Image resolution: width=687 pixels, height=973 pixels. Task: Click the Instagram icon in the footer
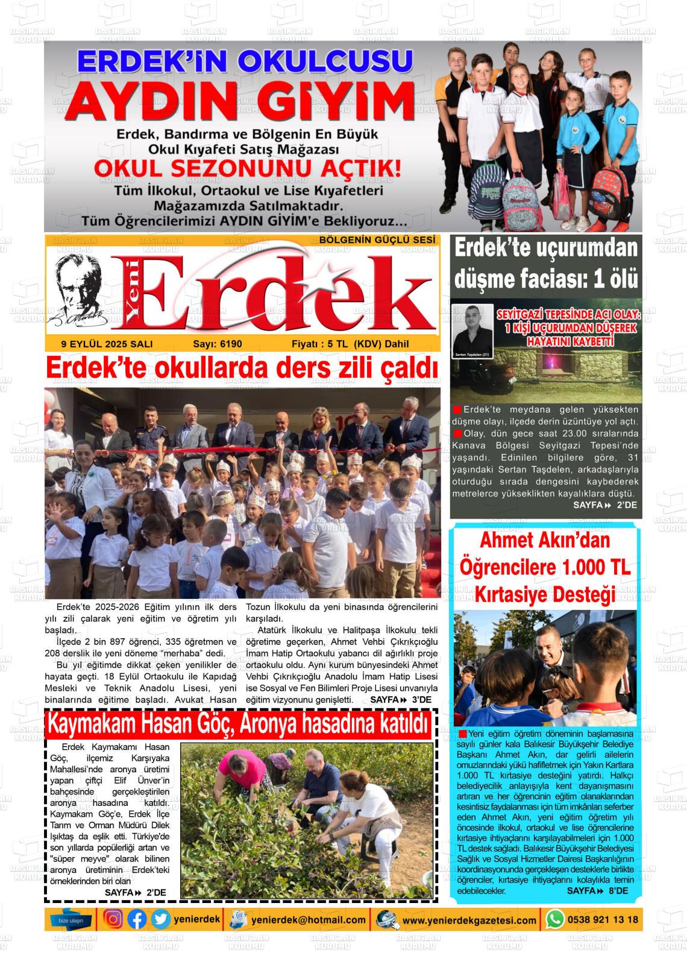[113, 919]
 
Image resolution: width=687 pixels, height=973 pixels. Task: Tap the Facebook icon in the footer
[137, 919]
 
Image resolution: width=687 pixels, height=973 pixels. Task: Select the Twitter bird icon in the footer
[160, 919]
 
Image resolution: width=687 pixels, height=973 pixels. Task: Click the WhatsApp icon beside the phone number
[554, 919]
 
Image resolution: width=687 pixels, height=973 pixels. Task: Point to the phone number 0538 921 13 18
[602, 919]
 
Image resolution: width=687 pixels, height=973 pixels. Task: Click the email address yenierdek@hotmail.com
[309, 920]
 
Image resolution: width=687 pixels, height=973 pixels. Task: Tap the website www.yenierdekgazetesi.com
[469, 921]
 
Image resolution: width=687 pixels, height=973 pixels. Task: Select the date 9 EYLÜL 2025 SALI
[107, 344]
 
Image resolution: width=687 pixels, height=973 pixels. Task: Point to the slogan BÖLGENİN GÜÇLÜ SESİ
[377, 240]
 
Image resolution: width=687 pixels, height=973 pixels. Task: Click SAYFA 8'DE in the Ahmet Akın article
[597, 891]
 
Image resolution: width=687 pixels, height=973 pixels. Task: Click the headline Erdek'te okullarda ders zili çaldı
[241, 368]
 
